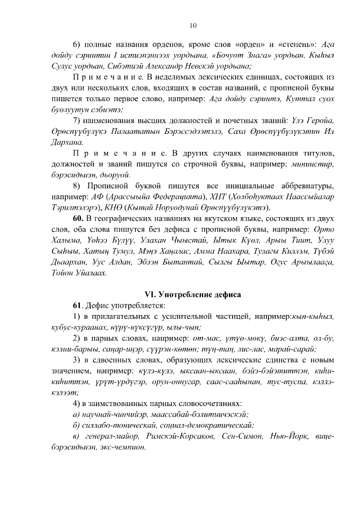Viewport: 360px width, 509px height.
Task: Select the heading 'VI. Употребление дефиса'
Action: point(193,294)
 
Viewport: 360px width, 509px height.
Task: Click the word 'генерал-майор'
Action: point(110,436)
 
